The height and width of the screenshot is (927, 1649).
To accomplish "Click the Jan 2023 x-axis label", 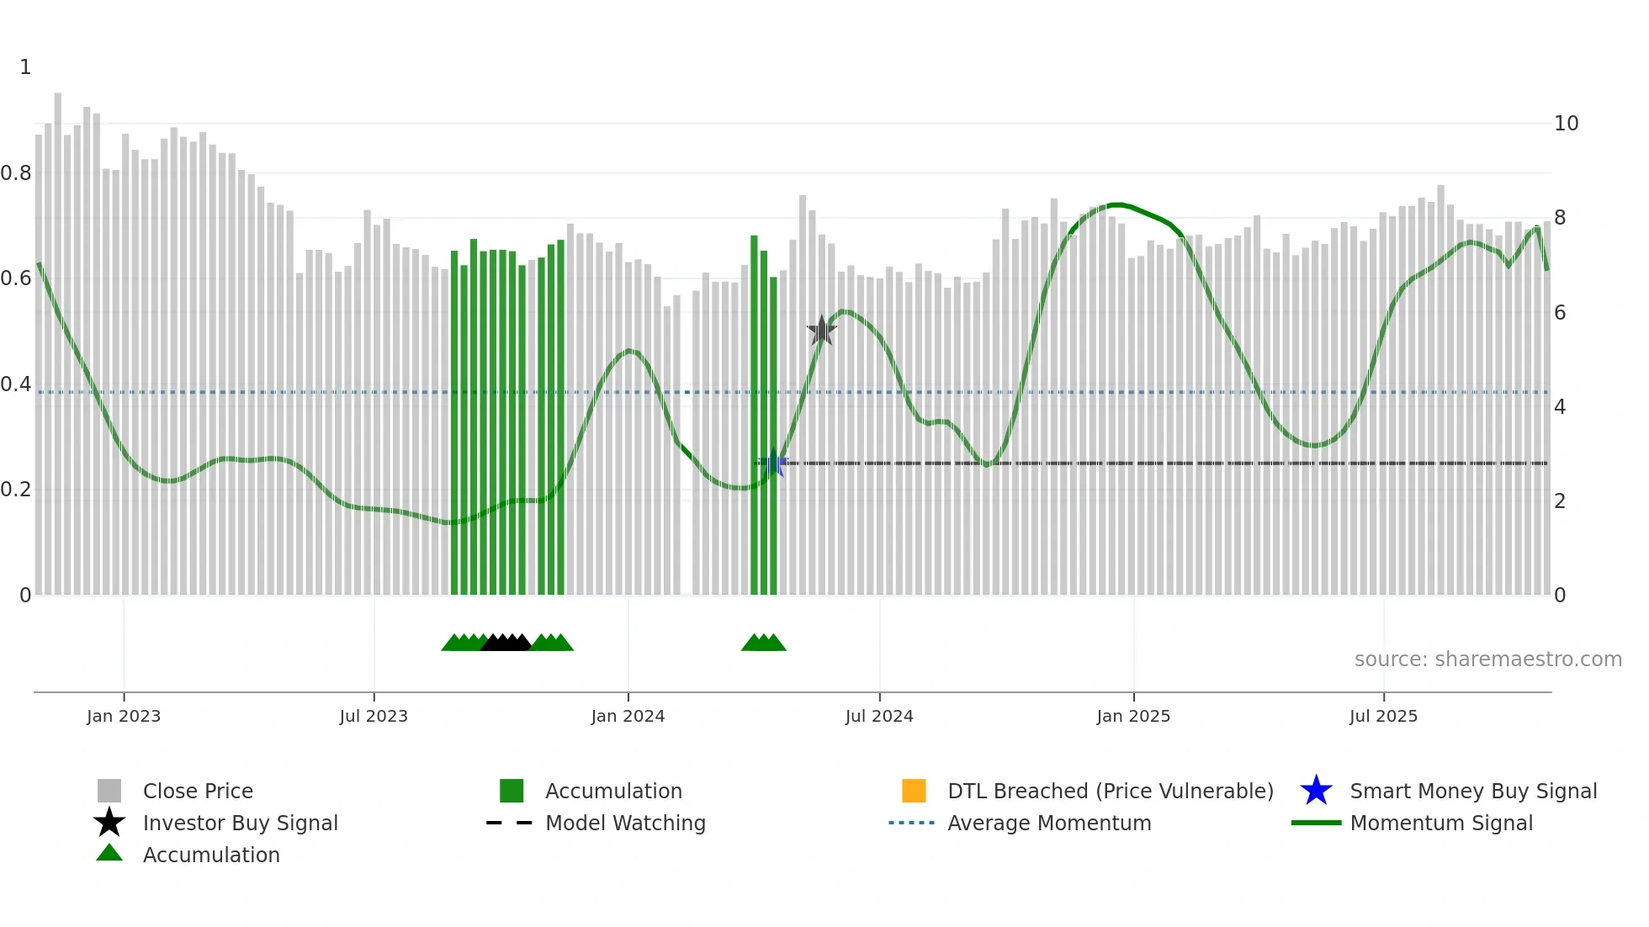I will (124, 716).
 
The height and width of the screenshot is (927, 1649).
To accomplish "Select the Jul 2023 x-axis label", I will (374, 716).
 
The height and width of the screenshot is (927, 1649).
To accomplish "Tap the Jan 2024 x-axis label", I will (628, 716).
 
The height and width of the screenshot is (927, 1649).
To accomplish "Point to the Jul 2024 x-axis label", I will (879, 716).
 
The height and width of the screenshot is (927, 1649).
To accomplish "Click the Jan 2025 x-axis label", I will (1133, 716).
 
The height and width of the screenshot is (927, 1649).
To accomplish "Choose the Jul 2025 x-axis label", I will (1383, 716).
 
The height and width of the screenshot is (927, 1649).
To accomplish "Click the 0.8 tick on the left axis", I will (16, 173).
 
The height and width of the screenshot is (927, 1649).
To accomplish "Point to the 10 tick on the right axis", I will (1567, 124).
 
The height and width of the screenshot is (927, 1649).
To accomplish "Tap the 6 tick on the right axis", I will (1561, 313).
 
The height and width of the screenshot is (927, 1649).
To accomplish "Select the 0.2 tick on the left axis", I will (16, 490).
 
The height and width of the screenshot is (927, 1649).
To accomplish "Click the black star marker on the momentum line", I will (821, 331).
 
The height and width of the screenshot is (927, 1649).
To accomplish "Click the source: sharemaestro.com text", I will (1487, 659).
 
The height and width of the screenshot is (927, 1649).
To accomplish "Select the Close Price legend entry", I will (198, 791).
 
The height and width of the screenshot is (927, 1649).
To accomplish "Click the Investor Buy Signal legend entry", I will (240, 823).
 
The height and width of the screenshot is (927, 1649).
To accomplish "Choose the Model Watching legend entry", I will (625, 823).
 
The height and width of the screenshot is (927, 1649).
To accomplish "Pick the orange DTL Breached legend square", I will (914, 791).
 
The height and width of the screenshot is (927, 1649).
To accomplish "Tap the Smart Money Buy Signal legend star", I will (1316, 791).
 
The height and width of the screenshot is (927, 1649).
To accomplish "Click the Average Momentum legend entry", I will (1049, 823).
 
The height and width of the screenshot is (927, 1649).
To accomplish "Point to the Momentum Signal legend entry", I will (1441, 823).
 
